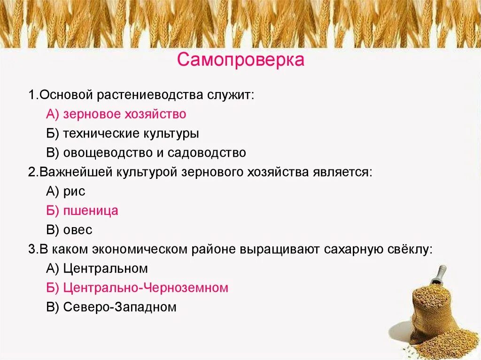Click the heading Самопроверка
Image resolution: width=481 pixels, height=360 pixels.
point(240,60)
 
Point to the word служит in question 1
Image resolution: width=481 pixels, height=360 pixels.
point(231,95)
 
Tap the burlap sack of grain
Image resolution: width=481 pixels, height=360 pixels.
point(432,310)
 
